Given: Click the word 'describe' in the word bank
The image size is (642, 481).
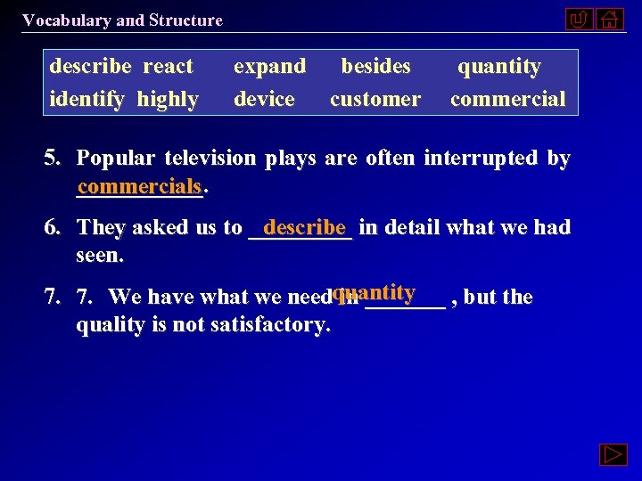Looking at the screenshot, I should pyautogui.click(x=90, y=67).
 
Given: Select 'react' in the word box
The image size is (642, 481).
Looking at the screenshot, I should pyautogui.click(x=168, y=67).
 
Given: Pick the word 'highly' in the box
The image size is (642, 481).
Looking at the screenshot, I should pyautogui.click(x=168, y=99).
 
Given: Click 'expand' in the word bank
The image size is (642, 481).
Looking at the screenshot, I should pyautogui.click(x=269, y=67).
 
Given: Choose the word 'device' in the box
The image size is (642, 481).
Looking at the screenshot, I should pyautogui.click(x=264, y=99).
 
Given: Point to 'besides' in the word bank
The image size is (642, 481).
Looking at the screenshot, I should pyautogui.click(x=376, y=67).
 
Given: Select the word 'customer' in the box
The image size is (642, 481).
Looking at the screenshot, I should pyautogui.click(x=374, y=99).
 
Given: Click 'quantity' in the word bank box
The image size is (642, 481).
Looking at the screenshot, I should pyautogui.click(x=499, y=67).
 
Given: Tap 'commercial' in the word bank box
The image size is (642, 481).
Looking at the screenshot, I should pyautogui.click(x=507, y=99).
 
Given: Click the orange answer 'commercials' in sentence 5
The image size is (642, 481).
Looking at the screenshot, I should pyautogui.click(x=139, y=187).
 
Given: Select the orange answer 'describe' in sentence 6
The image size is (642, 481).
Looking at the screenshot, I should pyautogui.click(x=304, y=226).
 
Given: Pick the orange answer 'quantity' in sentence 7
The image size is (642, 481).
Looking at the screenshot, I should pyautogui.click(x=374, y=292).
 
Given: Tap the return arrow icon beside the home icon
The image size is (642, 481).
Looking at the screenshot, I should pyautogui.click(x=579, y=19).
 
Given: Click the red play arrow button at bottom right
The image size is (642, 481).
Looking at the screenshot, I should pyautogui.click(x=614, y=455).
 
